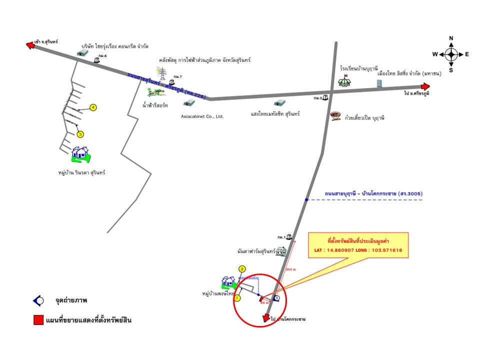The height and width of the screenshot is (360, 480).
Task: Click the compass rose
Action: [x=451, y=54]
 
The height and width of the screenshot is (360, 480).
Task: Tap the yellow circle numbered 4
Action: [x=93, y=107]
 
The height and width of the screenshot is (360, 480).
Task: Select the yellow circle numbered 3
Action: [x=80, y=133]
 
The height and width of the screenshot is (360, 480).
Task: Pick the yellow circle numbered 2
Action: [x=242, y=269]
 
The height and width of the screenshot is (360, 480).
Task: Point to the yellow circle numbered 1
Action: [x=238, y=297]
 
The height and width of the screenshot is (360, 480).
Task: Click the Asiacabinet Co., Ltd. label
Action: [x=202, y=116]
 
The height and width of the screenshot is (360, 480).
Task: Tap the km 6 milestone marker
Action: [x=97, y=60]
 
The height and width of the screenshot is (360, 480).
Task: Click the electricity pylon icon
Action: [x=162, y=71]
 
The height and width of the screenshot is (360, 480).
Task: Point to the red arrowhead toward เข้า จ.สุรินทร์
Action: [x=31, y=45]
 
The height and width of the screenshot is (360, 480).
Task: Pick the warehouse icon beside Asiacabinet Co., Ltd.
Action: [x=189, y=103]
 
